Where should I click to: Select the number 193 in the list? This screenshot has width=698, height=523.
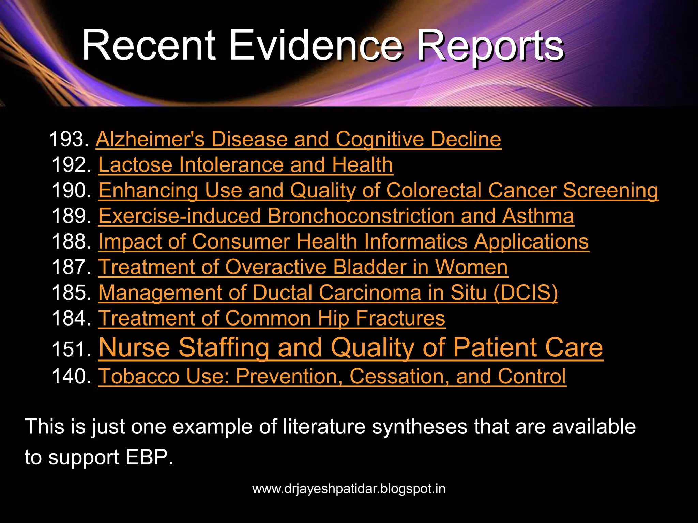69,139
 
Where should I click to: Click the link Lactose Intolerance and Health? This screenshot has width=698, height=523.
245,165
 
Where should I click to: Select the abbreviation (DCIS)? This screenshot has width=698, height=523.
526,292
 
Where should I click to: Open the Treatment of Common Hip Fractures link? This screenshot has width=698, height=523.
272,318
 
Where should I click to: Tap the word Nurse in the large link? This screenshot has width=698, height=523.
134,348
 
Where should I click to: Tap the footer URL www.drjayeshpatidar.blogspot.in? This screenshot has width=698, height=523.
349,489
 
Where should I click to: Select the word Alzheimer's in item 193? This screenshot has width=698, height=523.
150,139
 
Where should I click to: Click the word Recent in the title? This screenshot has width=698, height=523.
149,46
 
